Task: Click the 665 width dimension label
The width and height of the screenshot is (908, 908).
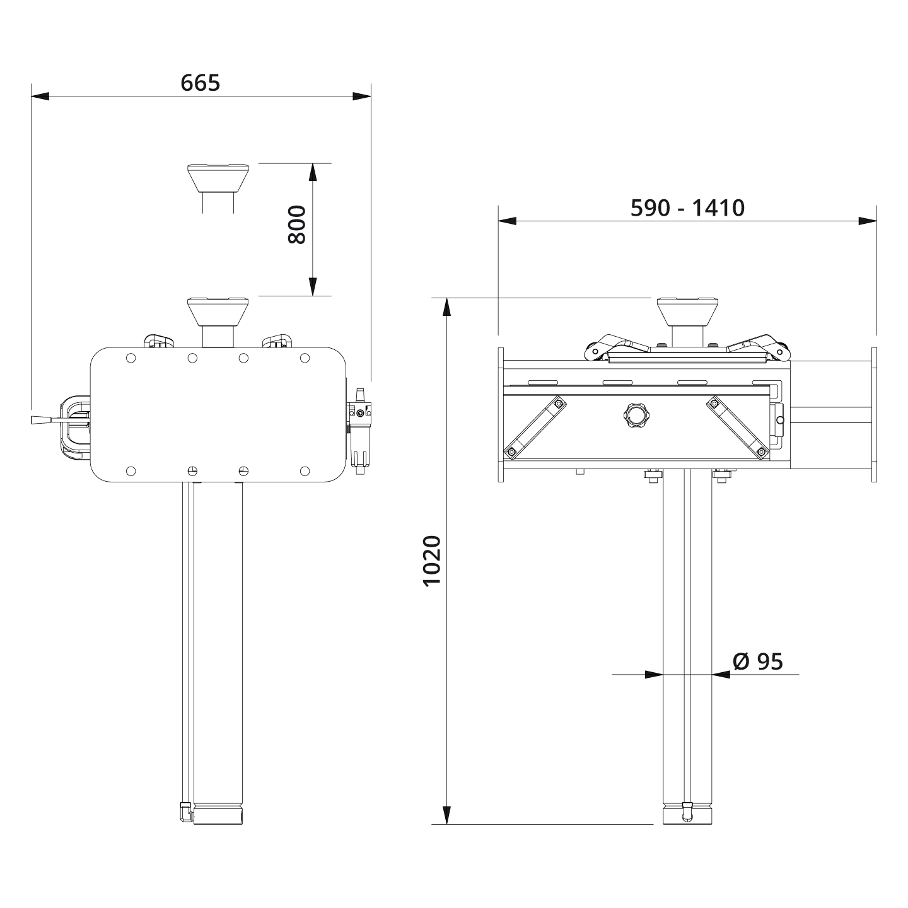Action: pos(201,83)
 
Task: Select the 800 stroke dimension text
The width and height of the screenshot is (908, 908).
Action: pos(296,224)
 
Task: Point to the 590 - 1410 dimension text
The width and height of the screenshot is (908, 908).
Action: pos(687,207)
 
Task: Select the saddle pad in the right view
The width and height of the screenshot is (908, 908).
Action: pos(687,310)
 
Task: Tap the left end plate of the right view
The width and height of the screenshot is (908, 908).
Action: pos(501,414)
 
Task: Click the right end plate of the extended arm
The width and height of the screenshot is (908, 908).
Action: pos(873,414)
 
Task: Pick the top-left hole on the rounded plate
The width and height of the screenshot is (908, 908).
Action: pos(131,358)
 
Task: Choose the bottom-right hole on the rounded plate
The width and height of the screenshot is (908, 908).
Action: pos(305,470)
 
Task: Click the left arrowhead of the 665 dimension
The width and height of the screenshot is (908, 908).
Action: pos(40,96)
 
